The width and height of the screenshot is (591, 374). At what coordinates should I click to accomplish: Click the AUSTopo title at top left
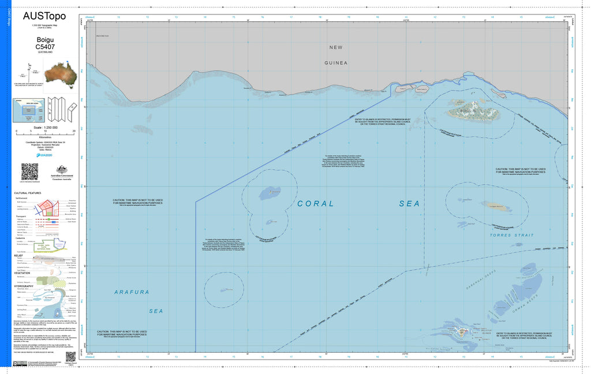tap(44, 16)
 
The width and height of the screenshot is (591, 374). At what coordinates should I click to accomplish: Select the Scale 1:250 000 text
tap(46, 126)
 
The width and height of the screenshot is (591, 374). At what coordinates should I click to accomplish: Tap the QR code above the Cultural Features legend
tap(29, 172)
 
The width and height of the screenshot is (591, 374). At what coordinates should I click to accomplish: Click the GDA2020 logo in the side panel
tap(46, 155)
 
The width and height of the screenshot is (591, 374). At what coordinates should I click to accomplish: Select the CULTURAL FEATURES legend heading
tap(28, 193)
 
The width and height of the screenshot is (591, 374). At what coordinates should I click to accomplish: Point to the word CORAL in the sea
tap(315, 203)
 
